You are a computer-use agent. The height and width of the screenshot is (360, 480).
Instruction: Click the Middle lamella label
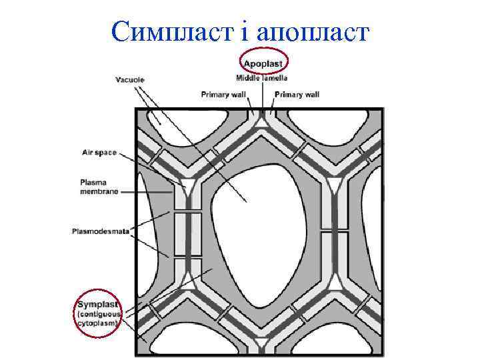262,79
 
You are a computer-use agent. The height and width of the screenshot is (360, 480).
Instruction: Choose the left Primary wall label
223,95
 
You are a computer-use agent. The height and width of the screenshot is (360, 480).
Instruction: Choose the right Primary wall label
297,95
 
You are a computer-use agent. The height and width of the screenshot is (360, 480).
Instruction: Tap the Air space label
99,153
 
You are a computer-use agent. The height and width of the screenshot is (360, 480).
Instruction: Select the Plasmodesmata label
101,232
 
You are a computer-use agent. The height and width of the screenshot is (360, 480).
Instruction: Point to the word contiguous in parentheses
99,314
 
